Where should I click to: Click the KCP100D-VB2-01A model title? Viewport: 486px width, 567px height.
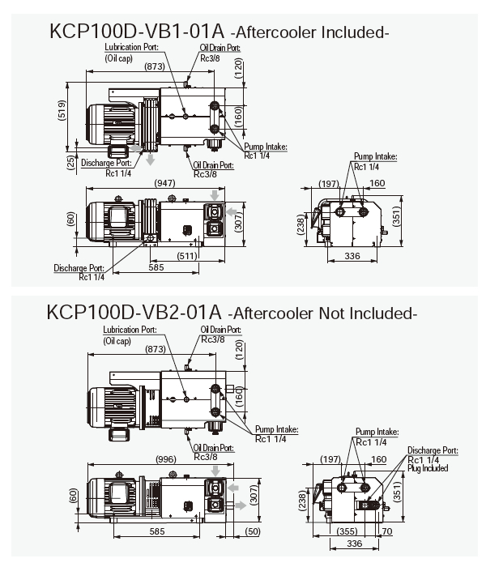(134, 312)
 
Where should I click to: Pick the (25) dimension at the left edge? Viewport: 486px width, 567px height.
(70, 163)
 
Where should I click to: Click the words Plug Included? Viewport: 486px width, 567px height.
(428, 468)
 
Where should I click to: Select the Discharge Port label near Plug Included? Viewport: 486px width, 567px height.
(433, 450)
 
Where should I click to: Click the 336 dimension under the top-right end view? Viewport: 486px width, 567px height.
(352, 257)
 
